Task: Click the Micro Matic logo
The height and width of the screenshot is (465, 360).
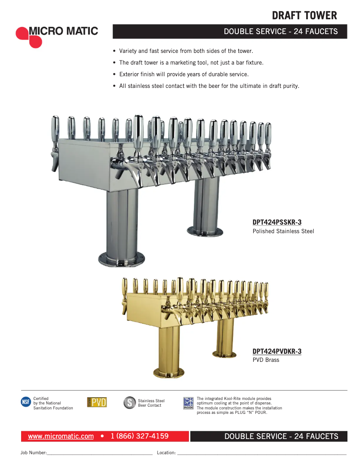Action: (x=57, y=35)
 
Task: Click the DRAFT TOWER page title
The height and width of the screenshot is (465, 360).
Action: (x=304, y=16)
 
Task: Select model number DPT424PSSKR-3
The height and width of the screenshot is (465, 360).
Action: (x=277, y=222)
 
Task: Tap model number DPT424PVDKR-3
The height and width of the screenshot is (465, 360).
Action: (x=277, y=352)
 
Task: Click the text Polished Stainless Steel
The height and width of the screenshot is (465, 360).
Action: (x=283, y=231)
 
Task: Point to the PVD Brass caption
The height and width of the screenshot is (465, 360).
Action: (x=266, y=360)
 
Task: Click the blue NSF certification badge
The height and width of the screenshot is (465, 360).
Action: (x=26, y=402)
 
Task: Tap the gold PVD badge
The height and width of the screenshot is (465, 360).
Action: (x=97, y=402)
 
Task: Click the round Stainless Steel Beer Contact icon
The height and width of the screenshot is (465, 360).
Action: (x=129, y=403)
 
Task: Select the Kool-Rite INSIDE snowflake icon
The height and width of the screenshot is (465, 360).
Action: (x=188, y=403)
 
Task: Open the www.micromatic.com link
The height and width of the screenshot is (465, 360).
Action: (x=61, y=436)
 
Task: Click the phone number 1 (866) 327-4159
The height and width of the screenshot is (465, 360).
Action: (x=140, y=436)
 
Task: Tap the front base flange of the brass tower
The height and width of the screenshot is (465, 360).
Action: (x=169, y=373)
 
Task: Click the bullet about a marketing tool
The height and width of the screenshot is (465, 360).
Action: (x=191, y=63)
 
